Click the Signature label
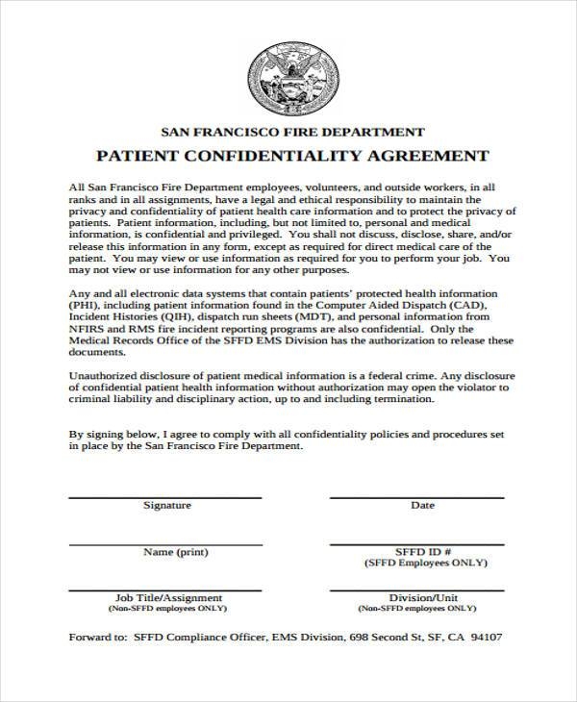point(167,505)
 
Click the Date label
point(422,505)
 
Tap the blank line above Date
point(417,497)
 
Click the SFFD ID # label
point(423,552)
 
